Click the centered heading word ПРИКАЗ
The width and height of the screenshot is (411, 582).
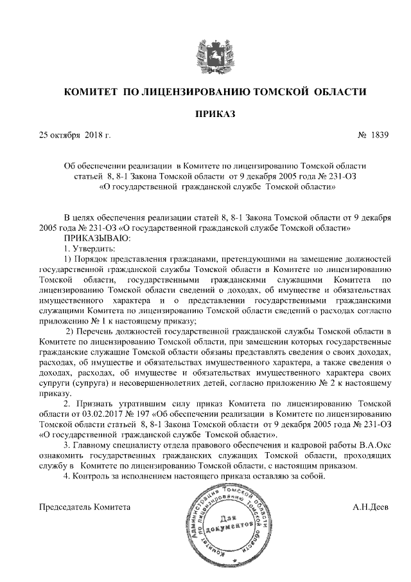point(215,114)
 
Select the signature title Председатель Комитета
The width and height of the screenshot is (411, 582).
point(85,507)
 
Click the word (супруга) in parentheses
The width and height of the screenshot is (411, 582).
point(93,383)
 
